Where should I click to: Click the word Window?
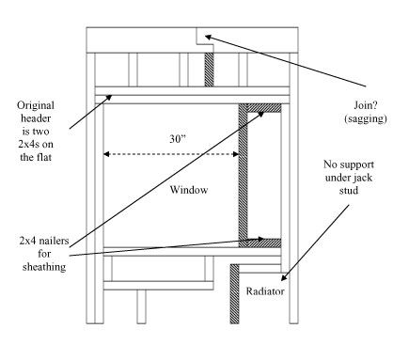click(x=189, y=190)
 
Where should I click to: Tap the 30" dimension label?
click(x=178, y=138)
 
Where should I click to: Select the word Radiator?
click(x=265, y=291)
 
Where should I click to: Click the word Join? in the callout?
click(x=366, y=105)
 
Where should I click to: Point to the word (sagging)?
click(x=366, y=118)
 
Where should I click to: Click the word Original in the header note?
click(x=36, y=105)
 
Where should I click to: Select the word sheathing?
click(x=44, y=267)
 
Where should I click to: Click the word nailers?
click(x=53, y=241)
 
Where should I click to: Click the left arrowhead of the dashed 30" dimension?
click(x=106, y=154)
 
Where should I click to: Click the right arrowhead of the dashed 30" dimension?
click(x=236, y=154)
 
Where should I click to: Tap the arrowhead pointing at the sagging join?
click(x=208, y=37)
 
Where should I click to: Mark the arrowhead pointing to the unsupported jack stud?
click(x=283, y=277)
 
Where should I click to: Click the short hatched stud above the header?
click(x=209, y=70)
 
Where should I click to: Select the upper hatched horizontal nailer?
click(x=264, y=108)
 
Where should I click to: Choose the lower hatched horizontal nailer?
click(x=264, y=243)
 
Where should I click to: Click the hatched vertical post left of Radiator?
click(x=234, y=294)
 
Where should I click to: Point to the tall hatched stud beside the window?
click(x=244, y=176)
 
